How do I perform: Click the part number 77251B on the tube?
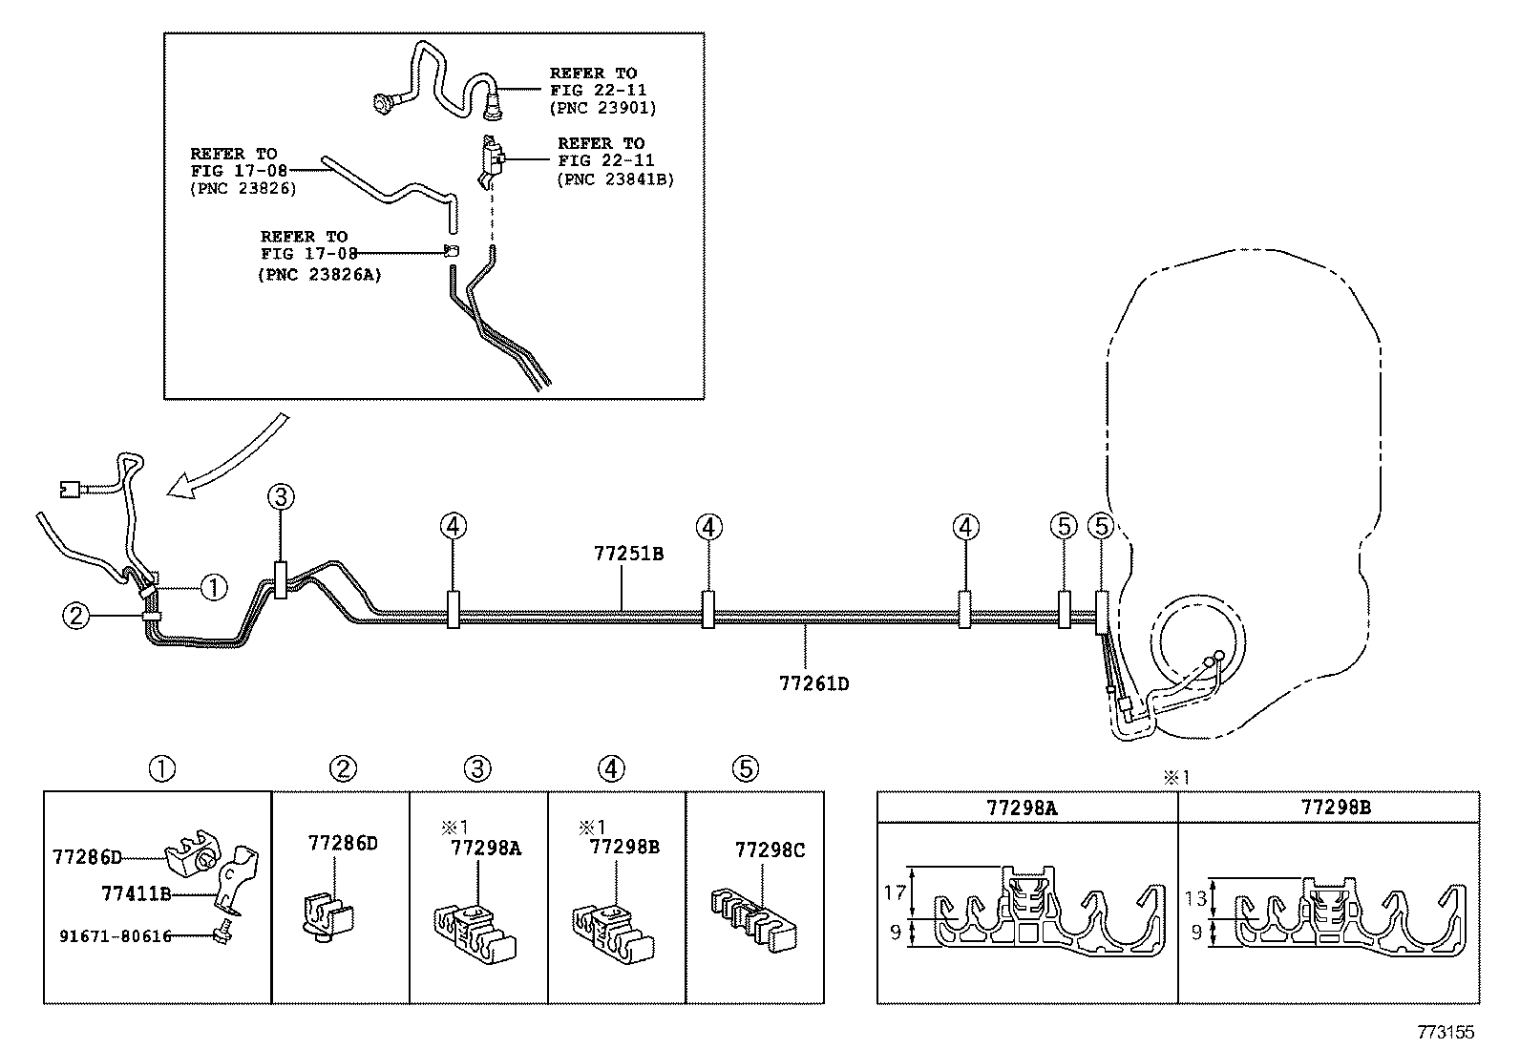[628, 554]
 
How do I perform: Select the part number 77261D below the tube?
[814, 683]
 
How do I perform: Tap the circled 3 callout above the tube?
[280, 496]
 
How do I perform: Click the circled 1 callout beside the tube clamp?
[215, 587]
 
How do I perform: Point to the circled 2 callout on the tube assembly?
[76, 617]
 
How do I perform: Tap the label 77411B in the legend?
[137, 893]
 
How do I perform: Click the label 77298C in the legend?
[770, 850]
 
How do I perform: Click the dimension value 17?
[895, 893]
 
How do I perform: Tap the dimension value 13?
[1196, 898]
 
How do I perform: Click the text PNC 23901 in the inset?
[603, 108]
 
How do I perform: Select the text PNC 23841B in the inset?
[616, 178]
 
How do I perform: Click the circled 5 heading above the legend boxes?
[745, 769]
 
